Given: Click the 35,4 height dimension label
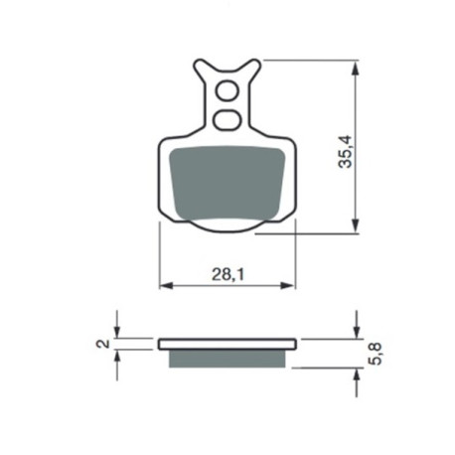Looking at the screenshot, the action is coord(346,151).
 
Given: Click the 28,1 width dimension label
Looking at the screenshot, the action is coord(227,274).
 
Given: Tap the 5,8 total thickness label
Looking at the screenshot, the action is coord(376,354).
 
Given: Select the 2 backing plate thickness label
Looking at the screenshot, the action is coord(103,344).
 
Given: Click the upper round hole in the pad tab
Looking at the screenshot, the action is coord(227,90).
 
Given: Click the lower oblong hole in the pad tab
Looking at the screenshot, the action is coord(227,120).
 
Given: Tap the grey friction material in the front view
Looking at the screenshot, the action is coord(227,183).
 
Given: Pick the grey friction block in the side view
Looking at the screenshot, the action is coord(227,359).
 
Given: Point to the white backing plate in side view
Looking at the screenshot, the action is coord(227,344).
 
